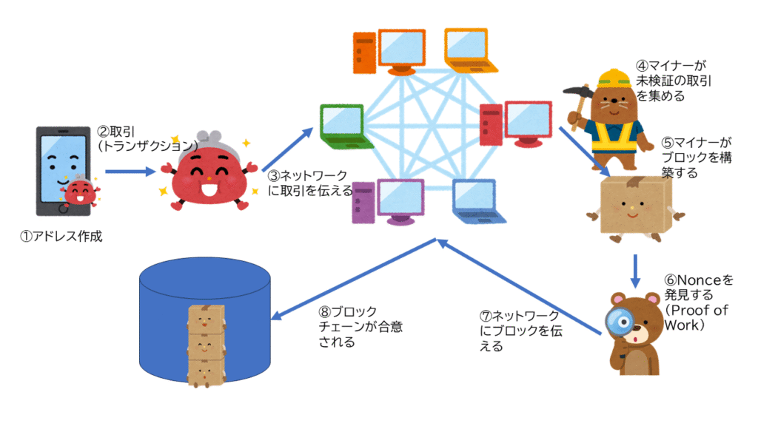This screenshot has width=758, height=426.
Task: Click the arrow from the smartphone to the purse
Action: click(130, 172)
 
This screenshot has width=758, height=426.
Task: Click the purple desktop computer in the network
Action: click(389, 201)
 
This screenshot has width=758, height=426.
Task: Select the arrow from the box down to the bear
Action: click(635, 271)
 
